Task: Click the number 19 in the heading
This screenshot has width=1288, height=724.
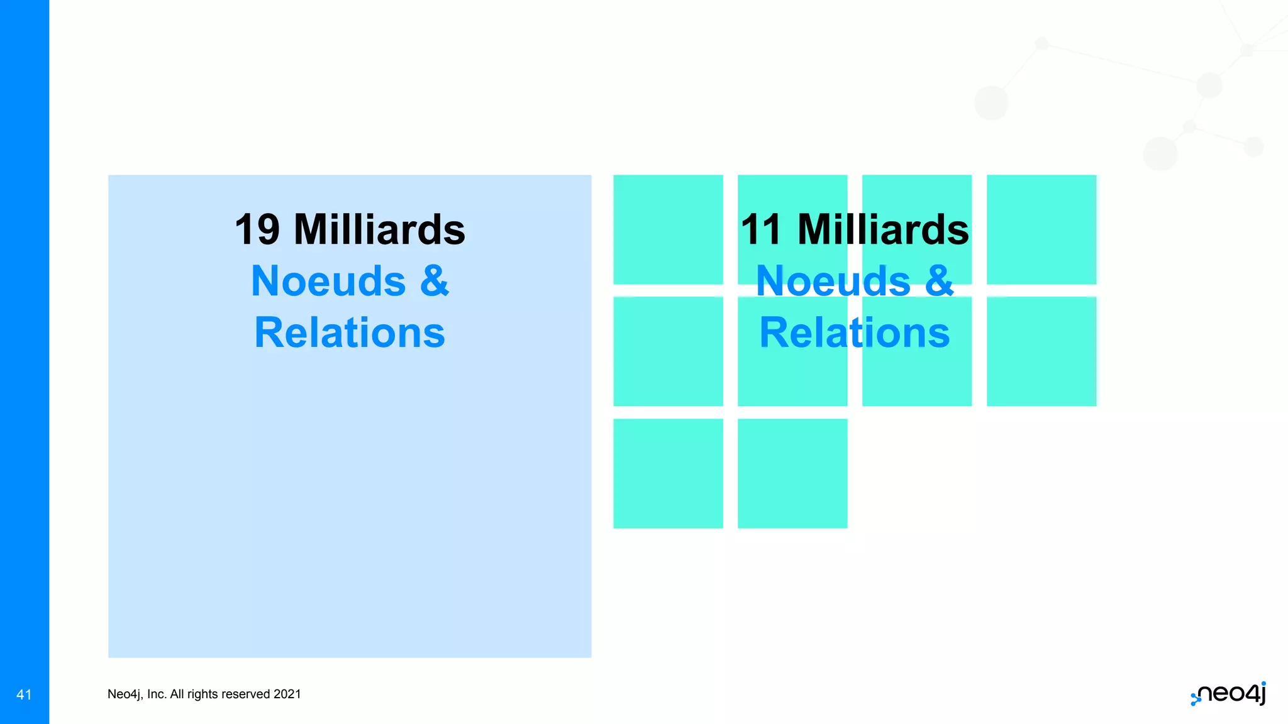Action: click(x=257, y=230)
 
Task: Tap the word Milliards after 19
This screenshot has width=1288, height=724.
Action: click(x=379, y=230)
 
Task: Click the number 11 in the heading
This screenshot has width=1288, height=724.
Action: click(x=761, y=230)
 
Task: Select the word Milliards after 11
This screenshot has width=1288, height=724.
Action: click(x=883, y=230)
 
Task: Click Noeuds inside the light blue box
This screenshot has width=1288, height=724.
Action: click(x=328, y=281)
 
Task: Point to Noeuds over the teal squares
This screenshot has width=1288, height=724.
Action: click(x=833, y=281)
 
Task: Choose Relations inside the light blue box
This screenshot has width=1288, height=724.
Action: click(x=350, y=332)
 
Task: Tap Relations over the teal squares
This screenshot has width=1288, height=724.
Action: click(x=855, y=332)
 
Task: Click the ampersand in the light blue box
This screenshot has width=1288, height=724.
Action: click(x=435, y=281)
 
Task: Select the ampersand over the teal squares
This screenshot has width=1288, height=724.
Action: click(x=940, y=281)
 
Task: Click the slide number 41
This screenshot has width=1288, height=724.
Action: click(x=24, y=694)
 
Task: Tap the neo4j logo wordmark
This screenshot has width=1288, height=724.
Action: click(x=1230, y=693)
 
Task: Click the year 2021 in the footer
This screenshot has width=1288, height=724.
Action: click(x=287, y=694)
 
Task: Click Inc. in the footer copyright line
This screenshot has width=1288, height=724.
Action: click(x=157, y=694)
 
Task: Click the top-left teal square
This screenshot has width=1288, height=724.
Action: click(x=668, y=229)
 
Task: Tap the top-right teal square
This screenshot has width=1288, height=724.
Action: click(x=1041, y=229)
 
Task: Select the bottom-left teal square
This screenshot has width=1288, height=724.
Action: click(x=668, y=473)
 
